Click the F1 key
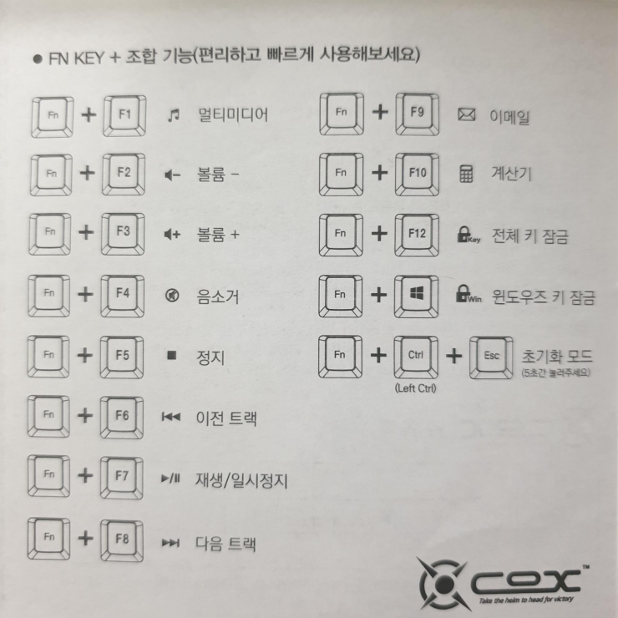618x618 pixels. pos(123,114)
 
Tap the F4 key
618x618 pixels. pos(123,295)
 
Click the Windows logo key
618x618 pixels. pos(415,296)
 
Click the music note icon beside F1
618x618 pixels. pos(173,114)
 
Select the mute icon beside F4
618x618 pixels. pos(173,296)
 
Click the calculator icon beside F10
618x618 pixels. pos(466,175)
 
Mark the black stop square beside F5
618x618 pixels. pos(172,357)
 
